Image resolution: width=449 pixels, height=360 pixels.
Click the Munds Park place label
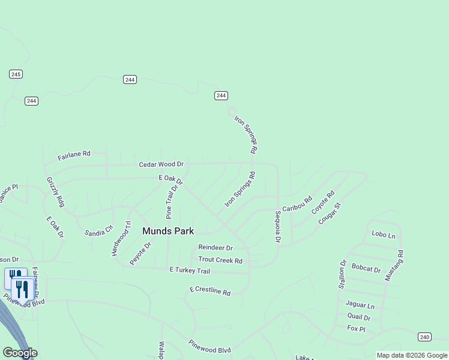coord(167,230)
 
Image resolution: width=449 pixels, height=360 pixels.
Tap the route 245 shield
coord(16,74)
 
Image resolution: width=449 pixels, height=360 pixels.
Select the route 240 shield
coord(424,337)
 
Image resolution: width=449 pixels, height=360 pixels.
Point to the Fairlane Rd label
coord(74,156)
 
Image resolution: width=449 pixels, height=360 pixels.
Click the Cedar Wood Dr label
coord(161,164)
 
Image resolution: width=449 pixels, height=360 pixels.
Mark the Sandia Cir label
coord(98,230)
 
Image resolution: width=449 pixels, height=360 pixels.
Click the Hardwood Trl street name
coord(121,238)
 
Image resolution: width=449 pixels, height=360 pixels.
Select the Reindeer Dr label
coord(215,247)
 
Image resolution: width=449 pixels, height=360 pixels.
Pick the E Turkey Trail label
coord(190,271)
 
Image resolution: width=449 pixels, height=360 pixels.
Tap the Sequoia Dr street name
coord(278,227)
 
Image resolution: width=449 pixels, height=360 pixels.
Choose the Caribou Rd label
coord(298,203)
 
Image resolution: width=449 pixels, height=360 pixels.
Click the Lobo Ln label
coord(384,235)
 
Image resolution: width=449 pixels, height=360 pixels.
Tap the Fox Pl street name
coord(356,328)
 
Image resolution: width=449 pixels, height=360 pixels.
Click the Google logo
coord(20,353)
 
